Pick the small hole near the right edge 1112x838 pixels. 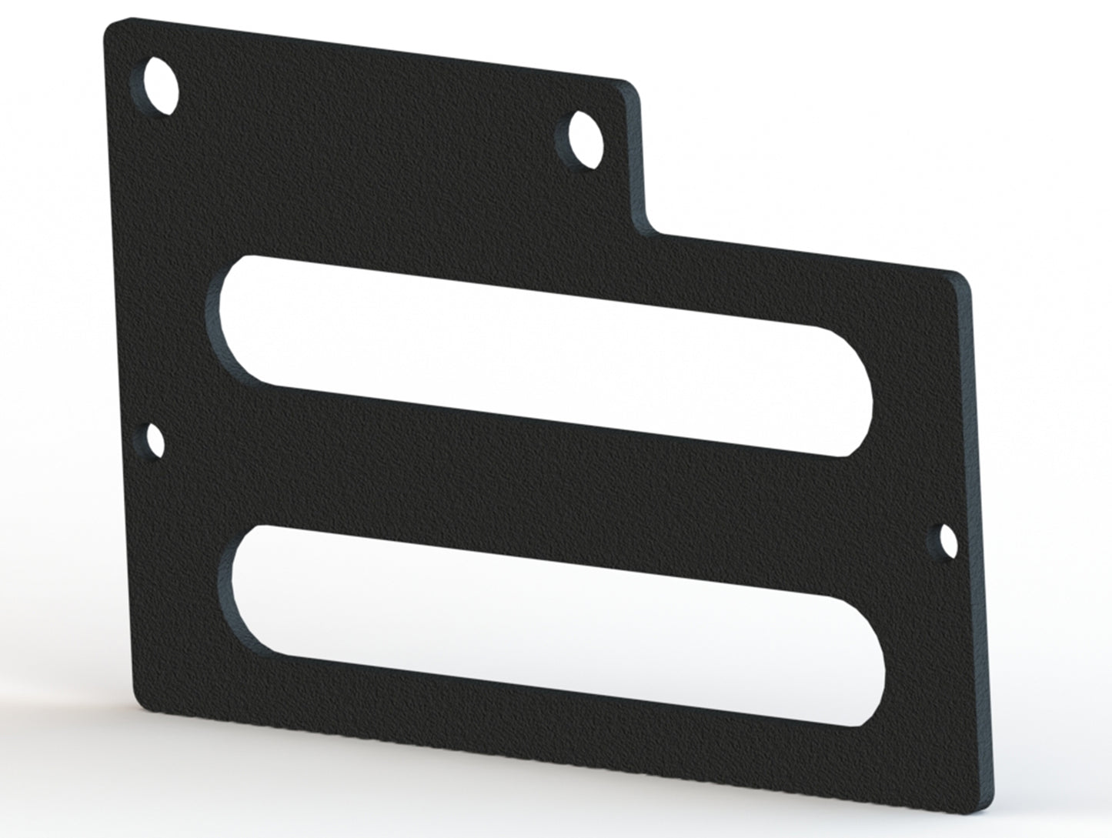(x=948, y=542)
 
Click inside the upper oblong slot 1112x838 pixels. (x=539, y=354)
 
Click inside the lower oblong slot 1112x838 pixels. (x=539, y=623)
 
